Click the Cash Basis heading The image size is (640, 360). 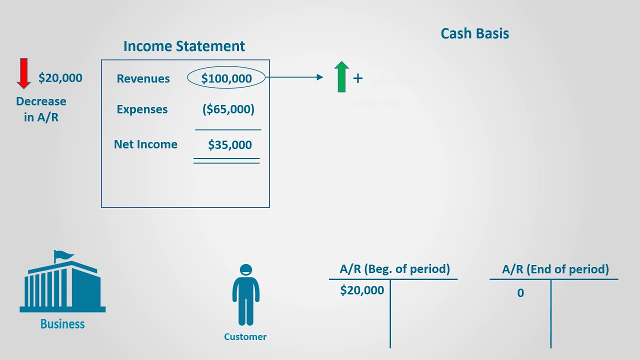[x=474, y=34]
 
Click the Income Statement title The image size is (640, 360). [x=184, y=46]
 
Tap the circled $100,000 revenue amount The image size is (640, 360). [x=226, y=78]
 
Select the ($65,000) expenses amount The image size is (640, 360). [x=228, y=109]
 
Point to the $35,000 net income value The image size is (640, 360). [x=229, y=145]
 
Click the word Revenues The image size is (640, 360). [x=143, y=79]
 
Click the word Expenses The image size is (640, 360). [x=142, y=109]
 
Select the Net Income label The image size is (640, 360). [x=145, y=144]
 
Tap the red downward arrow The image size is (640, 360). [x=23, y=73]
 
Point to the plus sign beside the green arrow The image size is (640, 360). [x=358, y=78]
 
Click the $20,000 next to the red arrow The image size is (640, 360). [x=60, y=78]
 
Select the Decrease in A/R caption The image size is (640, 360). [x=41, y=109]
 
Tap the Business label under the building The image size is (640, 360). [x=62, y=324]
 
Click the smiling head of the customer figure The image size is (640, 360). [x=245, y=270]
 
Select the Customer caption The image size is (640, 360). [x=245, y=337]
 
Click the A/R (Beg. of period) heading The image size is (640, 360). [x=394, y=269]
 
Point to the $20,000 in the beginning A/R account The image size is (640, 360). [x=362, y=290]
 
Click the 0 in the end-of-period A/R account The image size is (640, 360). [x=520, y=293]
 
